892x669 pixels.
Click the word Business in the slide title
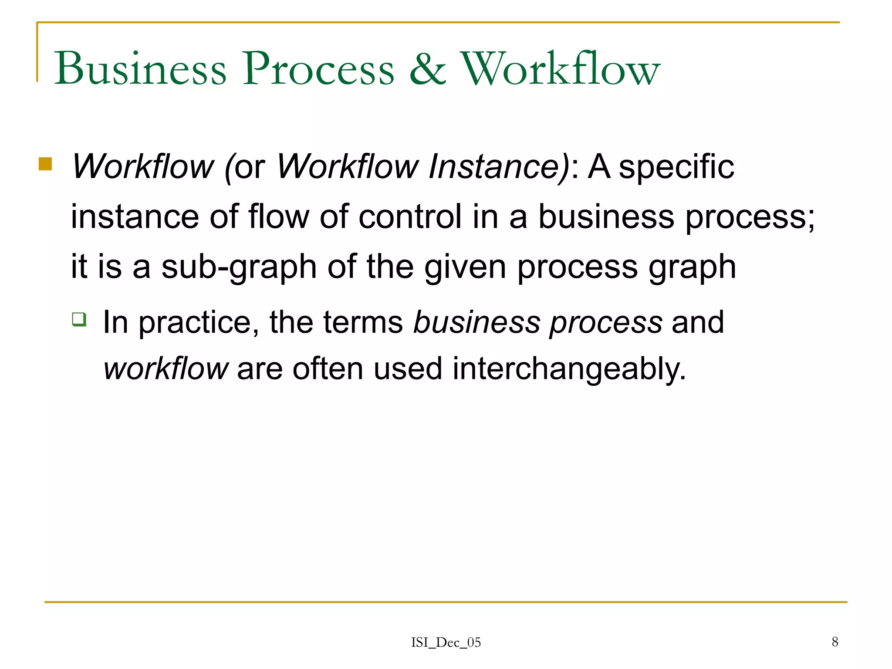[140, 68]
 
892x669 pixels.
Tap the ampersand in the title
[427, 68]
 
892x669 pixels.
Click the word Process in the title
[318, 68]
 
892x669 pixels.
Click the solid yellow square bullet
[45, 164]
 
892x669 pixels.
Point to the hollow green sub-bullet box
[79, 319]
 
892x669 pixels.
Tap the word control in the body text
[410, 216]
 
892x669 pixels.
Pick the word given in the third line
[465, 267]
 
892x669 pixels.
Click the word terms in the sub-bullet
[363, 323]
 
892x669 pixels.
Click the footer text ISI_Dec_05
[446, 642]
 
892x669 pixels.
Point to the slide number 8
[835, 642]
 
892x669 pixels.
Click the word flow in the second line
[279, 216]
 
